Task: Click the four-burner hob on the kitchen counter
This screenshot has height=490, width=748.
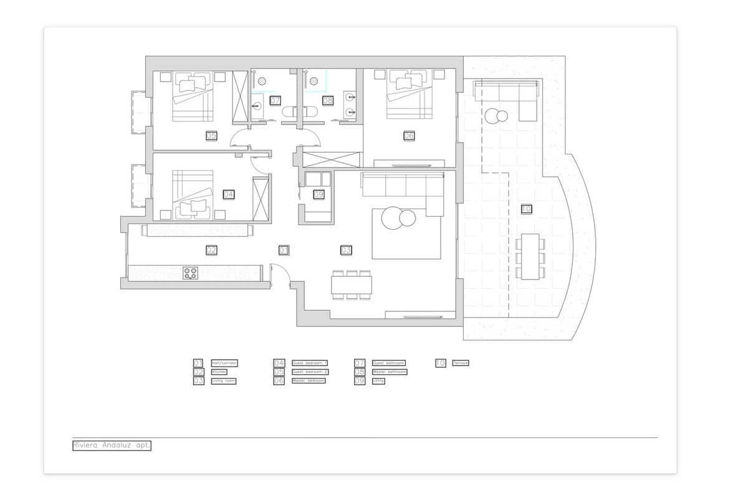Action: coord(190,272)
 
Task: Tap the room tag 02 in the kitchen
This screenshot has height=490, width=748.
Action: coord(211,250)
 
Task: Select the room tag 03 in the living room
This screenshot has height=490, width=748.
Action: coord(346,250)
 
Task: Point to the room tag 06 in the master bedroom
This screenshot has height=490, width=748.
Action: coord(409,136)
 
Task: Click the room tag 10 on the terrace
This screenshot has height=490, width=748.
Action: coord(526,209)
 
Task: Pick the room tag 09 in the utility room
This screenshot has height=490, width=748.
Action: coord(319,194)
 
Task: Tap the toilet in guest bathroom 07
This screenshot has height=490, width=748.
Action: coord(289,113)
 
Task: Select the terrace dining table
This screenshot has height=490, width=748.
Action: coord(530,257)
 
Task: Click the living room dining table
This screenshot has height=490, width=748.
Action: coord(351,285)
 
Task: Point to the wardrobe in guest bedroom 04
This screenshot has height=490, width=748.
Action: coord(260,199)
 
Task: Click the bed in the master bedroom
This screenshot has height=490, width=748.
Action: coord(409,95)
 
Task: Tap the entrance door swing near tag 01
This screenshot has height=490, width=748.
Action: coord(279,274)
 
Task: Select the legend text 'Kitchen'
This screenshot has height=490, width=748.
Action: coord(219,372)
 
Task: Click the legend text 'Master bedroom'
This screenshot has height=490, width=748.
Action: coord(309,380)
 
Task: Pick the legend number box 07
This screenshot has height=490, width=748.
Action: coord(360,363)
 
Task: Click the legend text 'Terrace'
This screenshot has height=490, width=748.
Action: coord(461,363)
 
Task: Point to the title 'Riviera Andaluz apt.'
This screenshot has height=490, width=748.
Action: coord(112,446)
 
